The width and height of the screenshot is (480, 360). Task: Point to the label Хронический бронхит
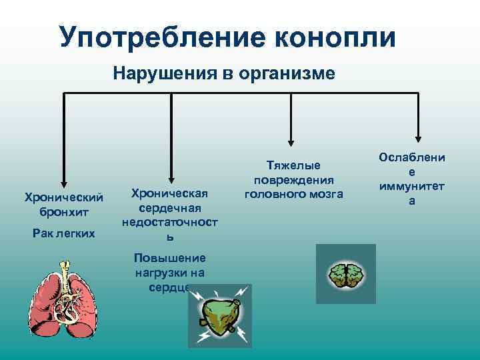tap(64, 204)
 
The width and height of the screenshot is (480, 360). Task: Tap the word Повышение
tap(170, 259)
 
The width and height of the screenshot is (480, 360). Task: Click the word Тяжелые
tap(293, 165)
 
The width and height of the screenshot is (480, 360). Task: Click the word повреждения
tap(293, 180)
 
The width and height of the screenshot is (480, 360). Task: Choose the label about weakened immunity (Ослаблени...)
tap(412, 179)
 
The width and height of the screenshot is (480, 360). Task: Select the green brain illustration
tap(345, 274)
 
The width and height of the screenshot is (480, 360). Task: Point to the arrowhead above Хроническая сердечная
tap(172, 178)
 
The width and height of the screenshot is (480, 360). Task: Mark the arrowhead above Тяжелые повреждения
tap(291, 141)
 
